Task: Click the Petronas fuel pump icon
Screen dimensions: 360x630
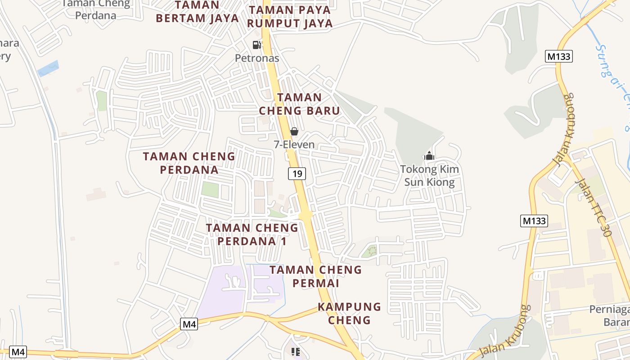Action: coord(256,45)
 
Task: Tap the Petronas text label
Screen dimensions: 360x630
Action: coord(257,58)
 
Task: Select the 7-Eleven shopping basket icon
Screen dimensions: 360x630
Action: coord(294,131)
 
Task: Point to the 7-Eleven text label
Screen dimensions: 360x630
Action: coord(294,145)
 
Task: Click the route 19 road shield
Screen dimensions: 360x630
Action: coord(297,173)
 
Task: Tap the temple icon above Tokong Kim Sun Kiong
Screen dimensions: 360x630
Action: coord(429,156)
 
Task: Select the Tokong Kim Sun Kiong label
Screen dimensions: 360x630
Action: coord(429,176)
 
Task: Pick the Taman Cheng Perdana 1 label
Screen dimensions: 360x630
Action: coord(252,234)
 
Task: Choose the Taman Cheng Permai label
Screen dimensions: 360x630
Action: coord(315,276)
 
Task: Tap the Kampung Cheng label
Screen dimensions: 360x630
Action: coord(349,313)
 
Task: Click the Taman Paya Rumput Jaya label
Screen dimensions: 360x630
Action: coord(290,17)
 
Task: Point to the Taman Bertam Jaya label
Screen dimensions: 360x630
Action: coord(197,12)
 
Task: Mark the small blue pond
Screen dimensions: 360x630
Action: coord(48,68)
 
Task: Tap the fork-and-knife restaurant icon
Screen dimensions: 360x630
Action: coord(295,351)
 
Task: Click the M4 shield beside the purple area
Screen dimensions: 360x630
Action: coord(189,324)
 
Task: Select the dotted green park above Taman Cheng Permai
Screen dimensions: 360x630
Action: coord(370,251)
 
